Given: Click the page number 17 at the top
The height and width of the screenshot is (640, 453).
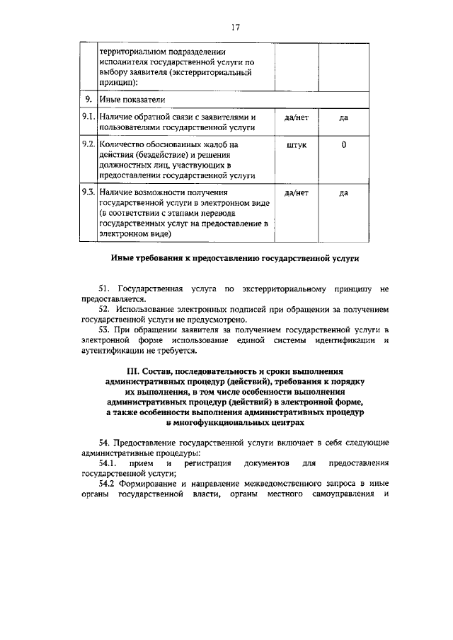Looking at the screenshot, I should click(x=236, y=27).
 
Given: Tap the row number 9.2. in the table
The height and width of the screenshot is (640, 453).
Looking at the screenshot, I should click(x=88, y=144).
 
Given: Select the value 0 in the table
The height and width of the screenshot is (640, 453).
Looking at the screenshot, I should click(x=343, y=144).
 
